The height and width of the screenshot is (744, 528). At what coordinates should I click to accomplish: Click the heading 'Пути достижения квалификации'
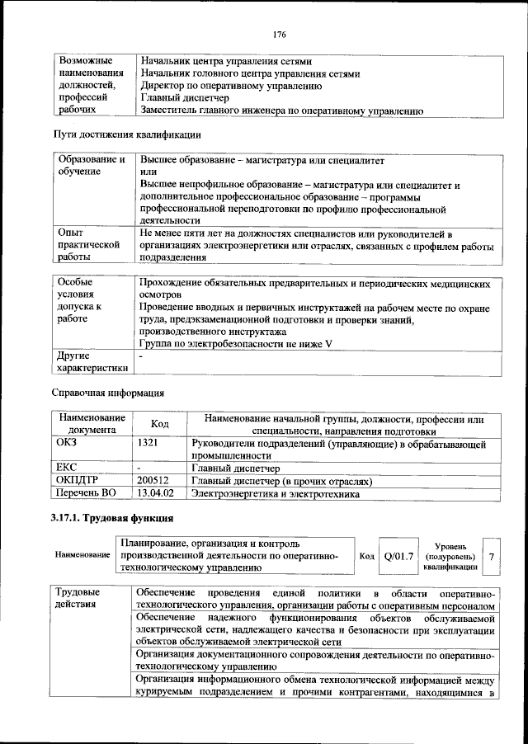[127, 134]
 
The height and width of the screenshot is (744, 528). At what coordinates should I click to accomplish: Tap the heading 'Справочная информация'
[108, 393]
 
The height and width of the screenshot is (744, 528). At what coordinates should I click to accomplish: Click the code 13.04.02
[156, 493]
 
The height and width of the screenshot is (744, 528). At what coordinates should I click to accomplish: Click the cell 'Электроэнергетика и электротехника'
[276, 493]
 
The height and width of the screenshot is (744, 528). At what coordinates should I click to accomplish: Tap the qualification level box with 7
[492, 558]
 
